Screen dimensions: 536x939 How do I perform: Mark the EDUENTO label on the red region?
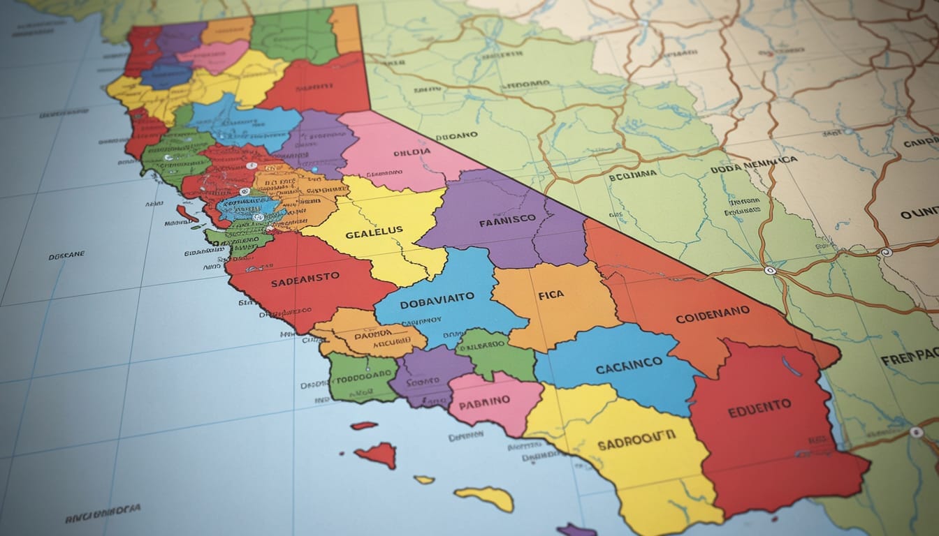[x=759, y=408]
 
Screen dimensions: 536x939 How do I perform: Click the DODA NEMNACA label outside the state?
[x=753, y=165]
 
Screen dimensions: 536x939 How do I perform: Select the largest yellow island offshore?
[x=486, y=497]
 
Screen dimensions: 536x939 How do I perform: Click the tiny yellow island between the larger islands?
[x=424, y=479]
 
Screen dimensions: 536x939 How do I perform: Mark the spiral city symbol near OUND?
[x=887, y=252]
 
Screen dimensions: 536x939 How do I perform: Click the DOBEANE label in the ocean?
[x=66, y=256]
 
